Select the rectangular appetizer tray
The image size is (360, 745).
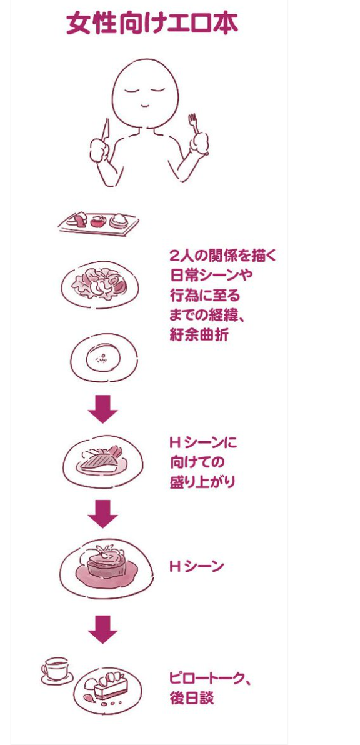(x=98, y=222)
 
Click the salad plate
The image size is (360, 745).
(x=100, y=285)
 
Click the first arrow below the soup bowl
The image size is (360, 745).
(x=102, y=409)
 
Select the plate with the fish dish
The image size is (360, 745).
(x=102, y=461)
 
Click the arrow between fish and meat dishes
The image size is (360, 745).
(x=102, y=513)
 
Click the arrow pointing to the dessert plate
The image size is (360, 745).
(x=102, y=629)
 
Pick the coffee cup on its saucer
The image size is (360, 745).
(x=56, y=671)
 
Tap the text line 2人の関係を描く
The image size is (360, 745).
(x=222, y=255)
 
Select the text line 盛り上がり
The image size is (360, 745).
(x=202, y=482)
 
